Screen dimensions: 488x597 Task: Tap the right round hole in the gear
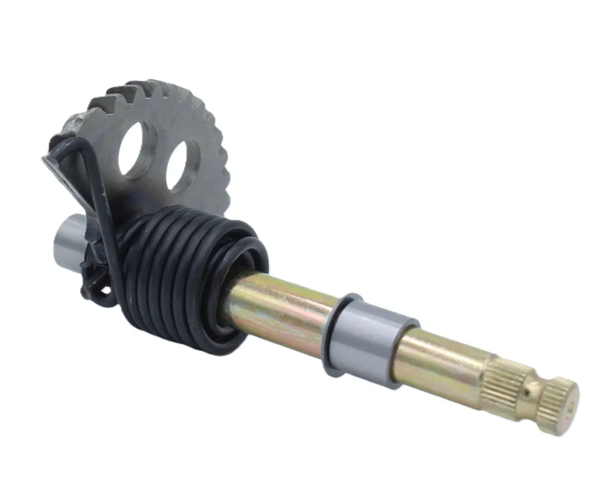coord(182,165)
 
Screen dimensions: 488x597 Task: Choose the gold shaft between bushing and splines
coord(443,362)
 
